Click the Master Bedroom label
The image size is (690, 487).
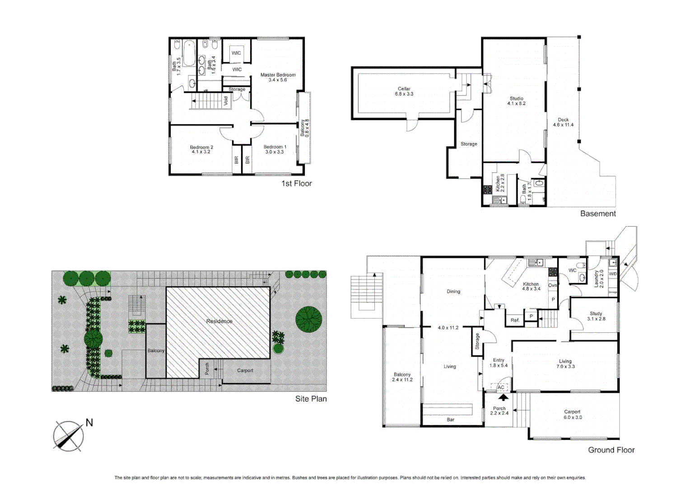278,77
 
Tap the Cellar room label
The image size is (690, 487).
404,92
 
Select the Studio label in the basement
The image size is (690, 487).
516,101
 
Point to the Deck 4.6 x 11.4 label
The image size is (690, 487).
563,122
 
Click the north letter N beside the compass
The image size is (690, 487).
89,423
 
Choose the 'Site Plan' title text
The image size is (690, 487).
311,399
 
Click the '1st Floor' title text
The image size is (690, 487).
296,183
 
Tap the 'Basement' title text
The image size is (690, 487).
597,214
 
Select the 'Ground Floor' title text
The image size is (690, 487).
611,450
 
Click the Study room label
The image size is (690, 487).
596,316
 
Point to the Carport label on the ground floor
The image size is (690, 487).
572,414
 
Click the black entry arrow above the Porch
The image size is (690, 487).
503,397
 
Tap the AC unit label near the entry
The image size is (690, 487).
500,387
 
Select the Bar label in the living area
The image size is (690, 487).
450,419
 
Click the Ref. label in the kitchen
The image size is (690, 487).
515,320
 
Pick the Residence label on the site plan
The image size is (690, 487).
219,321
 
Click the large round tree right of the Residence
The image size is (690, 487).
308,319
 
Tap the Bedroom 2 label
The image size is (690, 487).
201,149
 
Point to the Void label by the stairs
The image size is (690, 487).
226,101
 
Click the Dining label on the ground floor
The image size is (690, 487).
453,291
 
